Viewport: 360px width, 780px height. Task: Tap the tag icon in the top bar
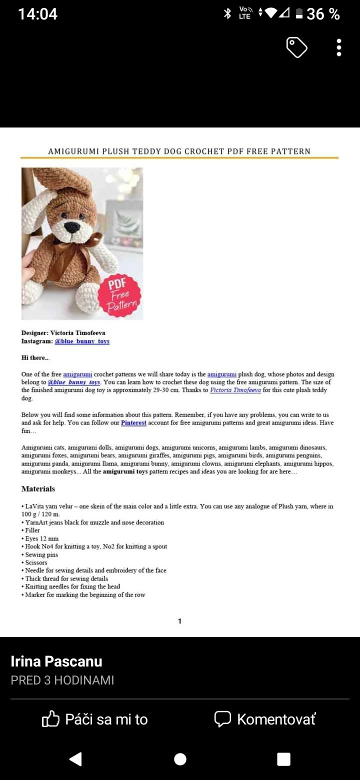point(296,47)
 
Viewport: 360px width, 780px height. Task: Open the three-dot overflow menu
point(339,47)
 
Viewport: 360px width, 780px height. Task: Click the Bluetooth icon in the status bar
point(227,13)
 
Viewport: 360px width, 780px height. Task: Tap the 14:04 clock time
point(37,14)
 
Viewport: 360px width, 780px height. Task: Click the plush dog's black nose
point(72,227)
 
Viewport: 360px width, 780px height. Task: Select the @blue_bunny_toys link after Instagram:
point(82,341)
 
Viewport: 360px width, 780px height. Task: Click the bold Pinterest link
point(133,422)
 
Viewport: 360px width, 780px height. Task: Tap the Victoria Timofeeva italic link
point(235,390)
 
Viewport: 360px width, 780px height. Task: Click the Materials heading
point(38,488)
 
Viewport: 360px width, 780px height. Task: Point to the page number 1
point(179,621)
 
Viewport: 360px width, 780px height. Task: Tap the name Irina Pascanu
point(56,661)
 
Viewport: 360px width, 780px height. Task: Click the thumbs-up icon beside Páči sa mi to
point(50,719)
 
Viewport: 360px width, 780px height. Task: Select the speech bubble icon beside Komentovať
point(222,719)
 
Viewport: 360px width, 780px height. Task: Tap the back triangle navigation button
point(75,759)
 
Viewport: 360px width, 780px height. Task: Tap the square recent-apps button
point(283,759)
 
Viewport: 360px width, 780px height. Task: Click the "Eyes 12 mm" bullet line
point(41,538)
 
